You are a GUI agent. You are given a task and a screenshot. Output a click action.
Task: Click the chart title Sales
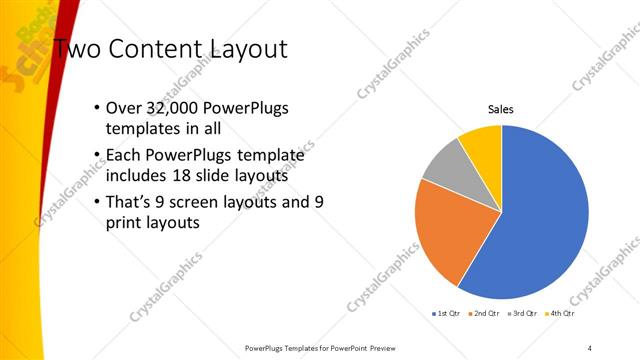(501, 110)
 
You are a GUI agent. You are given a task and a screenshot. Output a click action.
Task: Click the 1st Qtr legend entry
(446, 313)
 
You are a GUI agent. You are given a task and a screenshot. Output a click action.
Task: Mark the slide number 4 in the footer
(590, 347)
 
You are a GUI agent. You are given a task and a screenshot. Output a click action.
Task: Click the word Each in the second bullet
(124, 156)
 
